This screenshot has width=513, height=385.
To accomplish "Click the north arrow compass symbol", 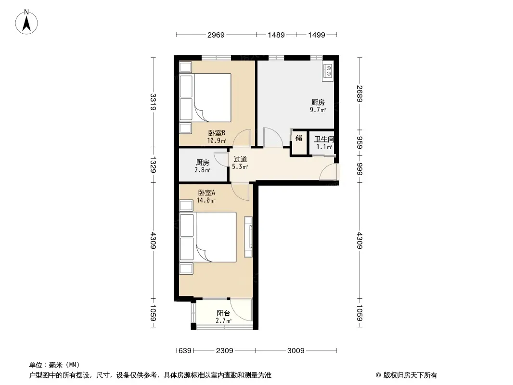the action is tap(26, 22).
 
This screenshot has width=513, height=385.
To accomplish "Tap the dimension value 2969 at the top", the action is tap(216, 35).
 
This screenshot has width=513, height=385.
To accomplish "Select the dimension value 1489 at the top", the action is tap(276, 35).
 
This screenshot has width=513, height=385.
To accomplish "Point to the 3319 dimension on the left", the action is tap(153, 102).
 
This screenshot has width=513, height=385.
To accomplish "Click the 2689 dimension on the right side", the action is tap(359, 93).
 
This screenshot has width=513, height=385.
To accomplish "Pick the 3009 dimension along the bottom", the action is tap(296, 351).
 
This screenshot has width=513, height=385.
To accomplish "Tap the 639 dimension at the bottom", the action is tap(185, 351).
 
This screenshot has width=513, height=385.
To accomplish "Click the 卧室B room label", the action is tap(217, 133).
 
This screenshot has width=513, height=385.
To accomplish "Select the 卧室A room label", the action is tap(206, 192).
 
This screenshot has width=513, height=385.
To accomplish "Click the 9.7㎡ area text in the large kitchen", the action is tap(318, 110).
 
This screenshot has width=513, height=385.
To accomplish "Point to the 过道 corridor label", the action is tap(240, 159).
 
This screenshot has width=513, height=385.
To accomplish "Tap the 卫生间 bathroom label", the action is tap(324, 139).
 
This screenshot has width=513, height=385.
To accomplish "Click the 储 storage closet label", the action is tap(299, 138).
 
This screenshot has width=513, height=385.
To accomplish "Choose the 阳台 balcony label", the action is tap(223, 313).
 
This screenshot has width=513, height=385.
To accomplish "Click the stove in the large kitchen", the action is tap(328, 71).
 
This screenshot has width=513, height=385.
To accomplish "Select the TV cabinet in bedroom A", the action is tap(248, 236).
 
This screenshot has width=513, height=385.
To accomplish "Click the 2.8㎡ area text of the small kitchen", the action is tap(203, 170).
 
